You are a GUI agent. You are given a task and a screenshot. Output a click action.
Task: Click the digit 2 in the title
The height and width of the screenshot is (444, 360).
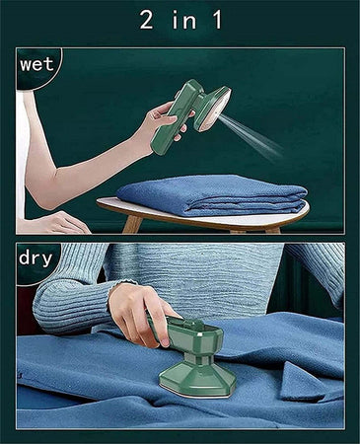(147, 20)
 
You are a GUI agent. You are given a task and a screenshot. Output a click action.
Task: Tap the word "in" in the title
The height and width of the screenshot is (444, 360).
(184, 20)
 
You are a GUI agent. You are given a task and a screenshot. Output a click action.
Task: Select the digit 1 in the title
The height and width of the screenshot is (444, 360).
(217, 20)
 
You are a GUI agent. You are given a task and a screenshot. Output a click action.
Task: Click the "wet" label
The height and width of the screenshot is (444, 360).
(36, 64)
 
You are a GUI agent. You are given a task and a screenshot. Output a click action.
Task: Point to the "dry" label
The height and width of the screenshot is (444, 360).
(36, 259)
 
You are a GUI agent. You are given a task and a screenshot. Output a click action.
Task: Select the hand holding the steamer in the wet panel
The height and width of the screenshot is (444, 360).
(164, 121)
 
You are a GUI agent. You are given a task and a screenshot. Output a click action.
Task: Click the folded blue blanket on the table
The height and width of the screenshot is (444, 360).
(212, 195)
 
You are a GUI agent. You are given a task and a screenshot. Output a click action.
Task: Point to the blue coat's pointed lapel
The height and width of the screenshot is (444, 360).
(301, 383)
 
